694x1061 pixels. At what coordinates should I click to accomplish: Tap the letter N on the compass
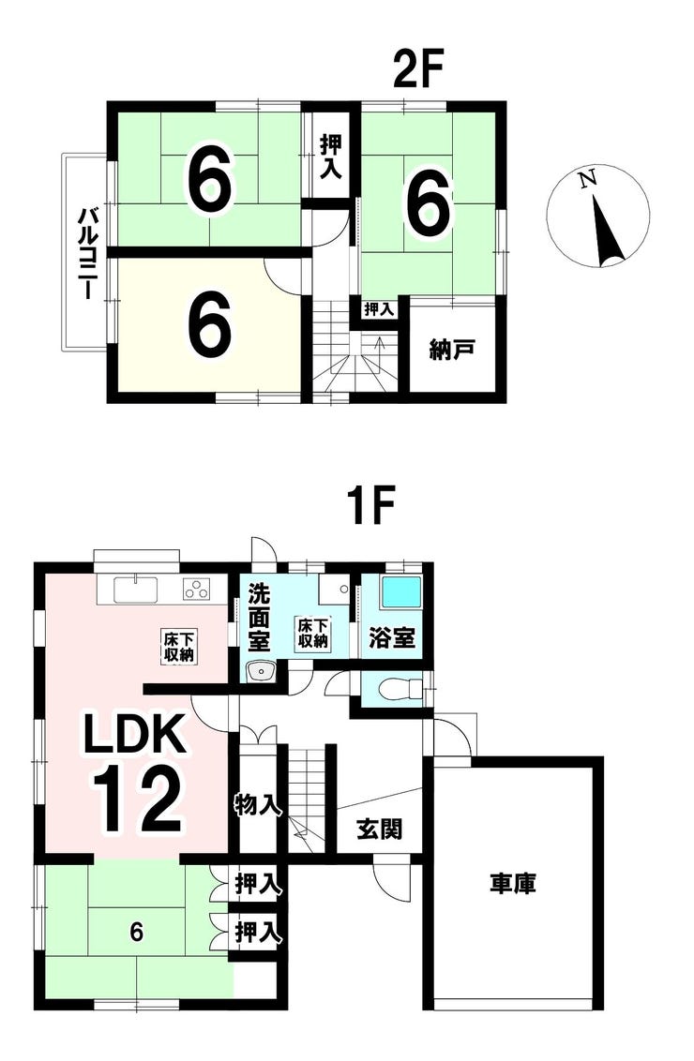coord(588,179)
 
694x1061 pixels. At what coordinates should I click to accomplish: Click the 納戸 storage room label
coord(452,350)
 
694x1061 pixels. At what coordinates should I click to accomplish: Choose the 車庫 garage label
coord(513,884)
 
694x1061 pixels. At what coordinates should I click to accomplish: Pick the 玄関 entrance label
coord(380,829)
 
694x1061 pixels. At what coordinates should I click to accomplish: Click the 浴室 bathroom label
coord(391,637)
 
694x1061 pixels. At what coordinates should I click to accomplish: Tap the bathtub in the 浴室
coord(401,592)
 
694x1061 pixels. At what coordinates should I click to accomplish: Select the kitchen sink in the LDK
coord(136,590)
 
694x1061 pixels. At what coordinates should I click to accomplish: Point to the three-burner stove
coord(197,590)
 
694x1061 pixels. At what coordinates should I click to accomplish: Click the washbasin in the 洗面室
coord(259,672)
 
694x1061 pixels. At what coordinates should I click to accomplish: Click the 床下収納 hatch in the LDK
coord(178,646)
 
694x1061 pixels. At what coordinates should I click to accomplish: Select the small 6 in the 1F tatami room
coord(137,933)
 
